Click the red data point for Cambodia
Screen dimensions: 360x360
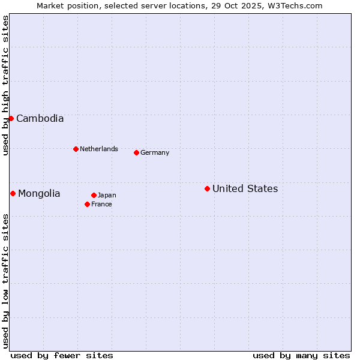(x=11, y=118)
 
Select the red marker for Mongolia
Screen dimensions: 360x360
(x=13, y=193)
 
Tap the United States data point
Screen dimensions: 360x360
(x=207, y=188)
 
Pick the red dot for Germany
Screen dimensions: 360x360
(x=136, y=152)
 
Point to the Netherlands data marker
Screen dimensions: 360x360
(x=76, y=149)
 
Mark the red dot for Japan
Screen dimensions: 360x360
(x=94, y=195)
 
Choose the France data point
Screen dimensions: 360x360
(x=87, y=204)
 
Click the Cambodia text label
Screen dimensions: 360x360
(x=40, y=119)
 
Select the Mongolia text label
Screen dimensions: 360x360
(x=39, y=194)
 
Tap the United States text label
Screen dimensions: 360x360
(x=245, y=189)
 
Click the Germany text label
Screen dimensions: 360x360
(x=155, y=153)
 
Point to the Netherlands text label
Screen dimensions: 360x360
(x=99, y=149)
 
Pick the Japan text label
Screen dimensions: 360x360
(x=107, y=196)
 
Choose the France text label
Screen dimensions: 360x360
(x=101, y=205)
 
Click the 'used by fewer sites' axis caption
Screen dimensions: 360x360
(x=62, y=355)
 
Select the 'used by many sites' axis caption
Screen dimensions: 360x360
(x=301, y=355)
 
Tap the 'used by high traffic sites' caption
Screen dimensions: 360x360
(x=5, y=86)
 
